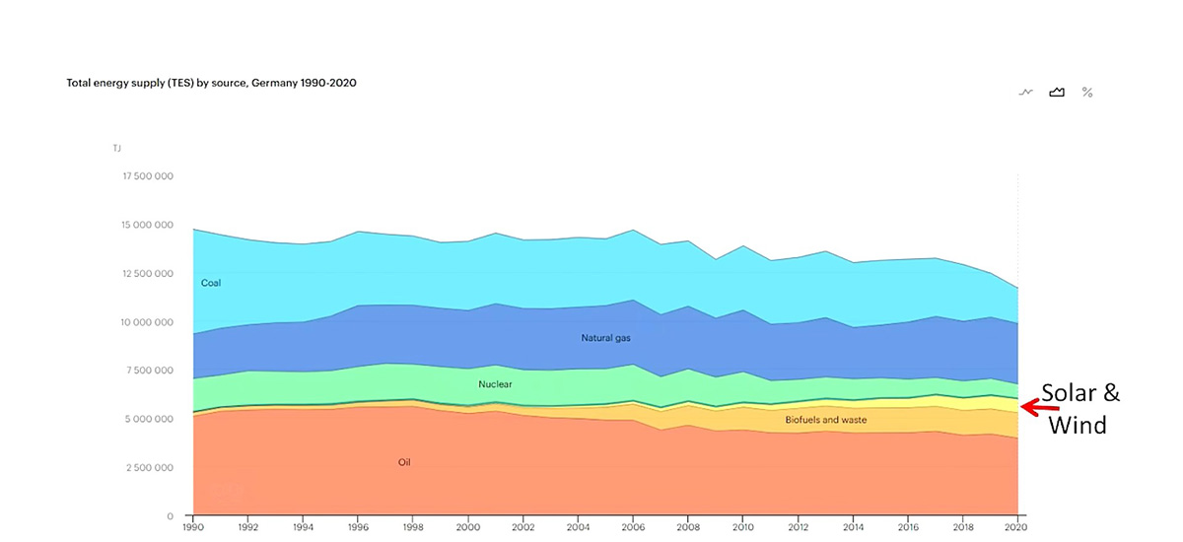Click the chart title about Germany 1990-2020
click(211, 84)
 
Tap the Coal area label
click(211, 283)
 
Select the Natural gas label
click(605, 338)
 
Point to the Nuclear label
click(495, 384)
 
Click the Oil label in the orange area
click(404, 462)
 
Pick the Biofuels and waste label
click(825, 420)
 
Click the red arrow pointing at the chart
click(1039, 406)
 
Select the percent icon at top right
click(1087, 92)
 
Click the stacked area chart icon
click(1057, 92)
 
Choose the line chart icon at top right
click(1026, 92)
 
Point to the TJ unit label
click(116, 148)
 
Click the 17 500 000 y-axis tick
click(148, 176)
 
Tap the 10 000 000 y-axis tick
click(148, 322)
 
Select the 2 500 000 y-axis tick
click(151, 467)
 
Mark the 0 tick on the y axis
click(171, 515)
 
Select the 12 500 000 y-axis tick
click(148, 274)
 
